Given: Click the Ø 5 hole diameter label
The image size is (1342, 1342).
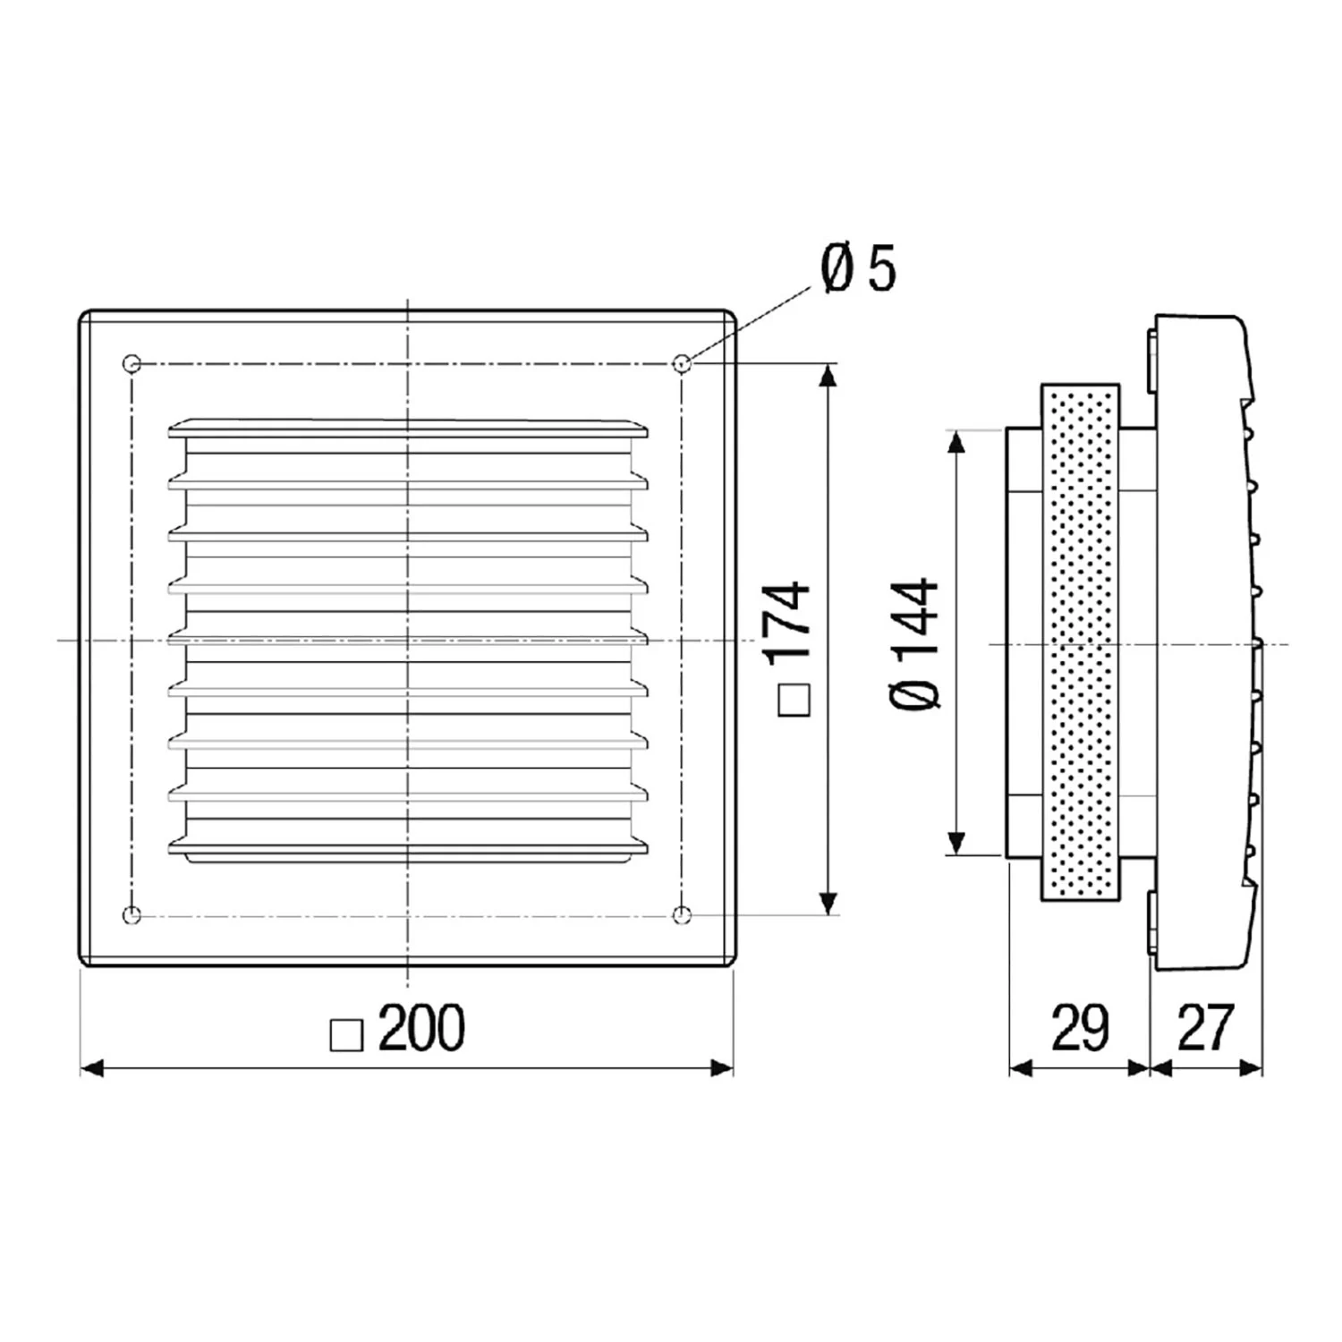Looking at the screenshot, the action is [858, 268].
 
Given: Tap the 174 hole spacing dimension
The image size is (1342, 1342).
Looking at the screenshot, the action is [787, 622].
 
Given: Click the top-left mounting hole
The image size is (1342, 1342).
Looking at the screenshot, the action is [132, 363].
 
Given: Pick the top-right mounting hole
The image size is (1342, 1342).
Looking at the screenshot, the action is [682, 363].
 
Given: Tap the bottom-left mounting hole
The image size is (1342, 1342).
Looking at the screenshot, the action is [132, 914].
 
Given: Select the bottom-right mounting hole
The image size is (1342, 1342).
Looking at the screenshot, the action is [682, 914].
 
